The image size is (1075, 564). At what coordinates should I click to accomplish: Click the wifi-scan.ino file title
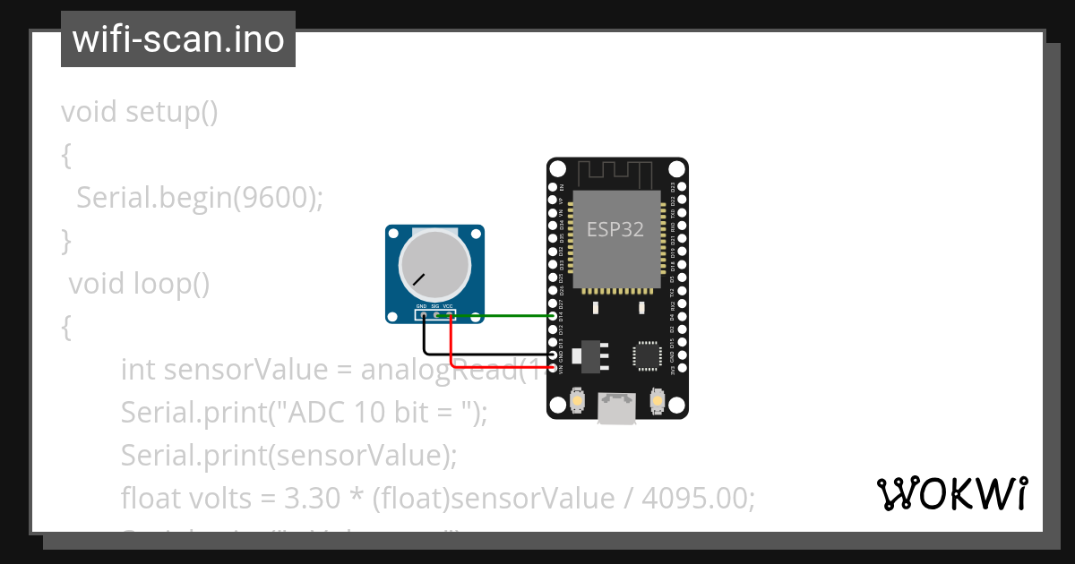[x=178, y=39]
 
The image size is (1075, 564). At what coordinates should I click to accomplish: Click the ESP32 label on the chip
[x=615, y=229]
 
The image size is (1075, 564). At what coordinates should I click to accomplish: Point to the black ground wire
[x=484, y=355]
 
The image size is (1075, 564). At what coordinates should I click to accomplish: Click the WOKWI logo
[x=951, y=494]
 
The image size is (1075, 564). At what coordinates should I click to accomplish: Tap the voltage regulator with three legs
[x=592, y=355]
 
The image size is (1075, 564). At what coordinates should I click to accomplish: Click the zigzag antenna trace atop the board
[x=617, y=170]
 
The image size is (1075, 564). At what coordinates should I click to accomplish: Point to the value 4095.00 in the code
[x=698, y=497]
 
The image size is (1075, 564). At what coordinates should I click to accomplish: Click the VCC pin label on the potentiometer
[x=448, y=307]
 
